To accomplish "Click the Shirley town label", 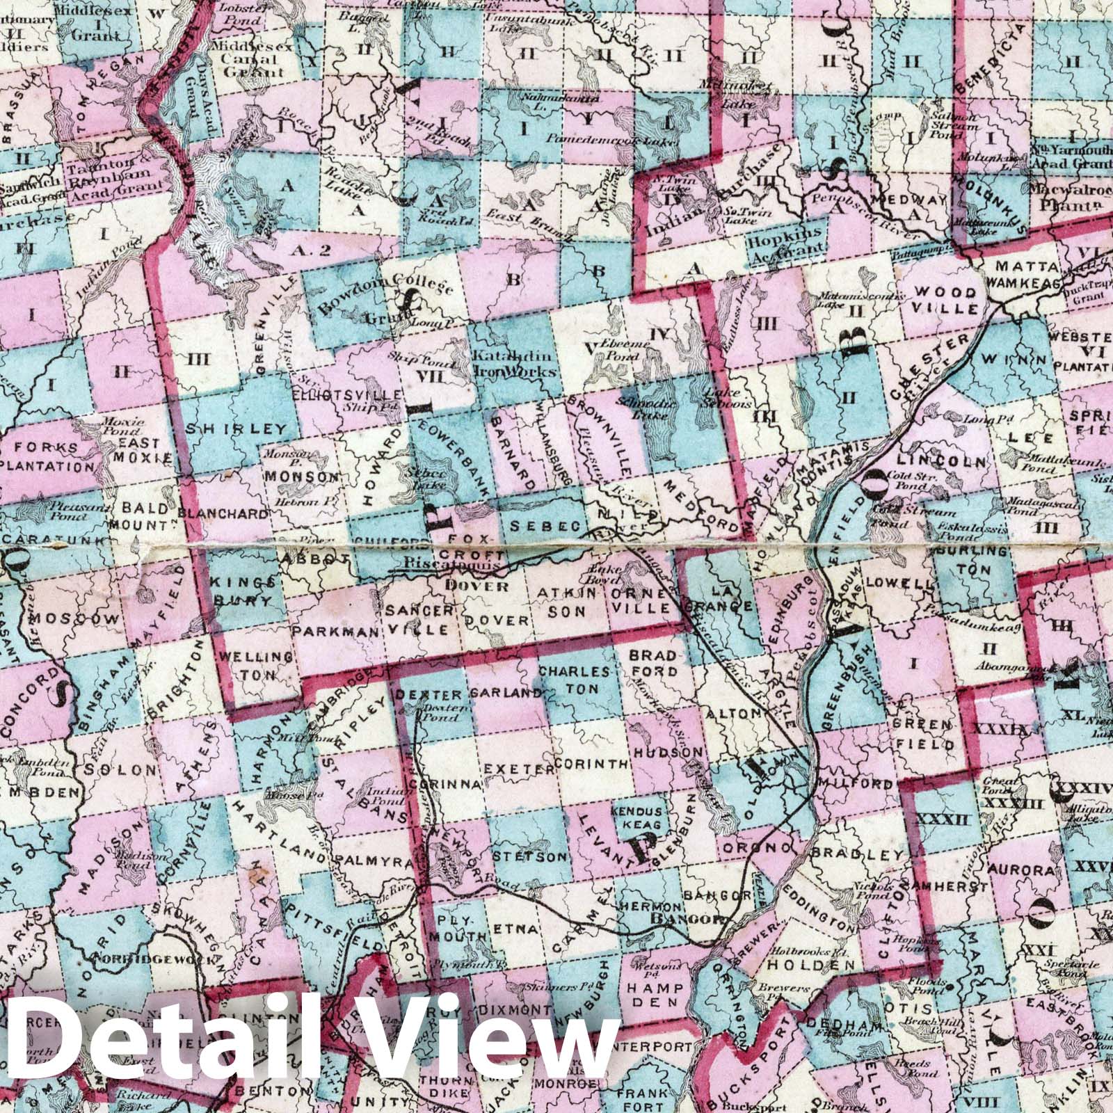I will [236, 429].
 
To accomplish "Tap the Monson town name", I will [301, 478].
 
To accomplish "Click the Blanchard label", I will [223, 513].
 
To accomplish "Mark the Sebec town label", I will [546, 527].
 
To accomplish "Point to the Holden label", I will [810, 965].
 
